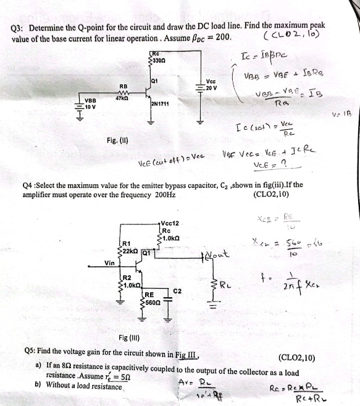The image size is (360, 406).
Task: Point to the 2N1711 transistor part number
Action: pyautogui.click(x=161, y=104)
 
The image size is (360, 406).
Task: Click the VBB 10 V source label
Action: pyautogui.click(x=91, y=103)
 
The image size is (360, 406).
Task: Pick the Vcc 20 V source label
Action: pyautogui.click(x=212, y=84)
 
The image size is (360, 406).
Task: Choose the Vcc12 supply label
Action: pyautogui.click(x=170, y=223)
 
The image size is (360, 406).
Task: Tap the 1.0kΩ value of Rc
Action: pyautogui.click(x=173, y=238)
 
